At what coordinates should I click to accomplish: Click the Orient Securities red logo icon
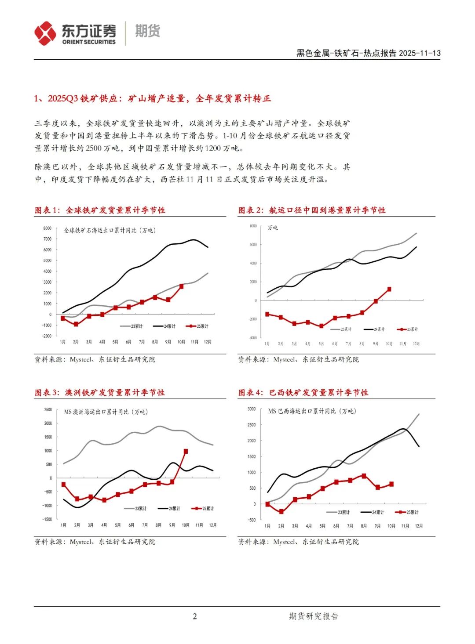pyautogui.click(x=45, y=33)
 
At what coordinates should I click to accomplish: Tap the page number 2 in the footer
pyautogui.click(x=195, y=616)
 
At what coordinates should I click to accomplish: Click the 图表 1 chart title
pyautogui.click(x=100, y=210)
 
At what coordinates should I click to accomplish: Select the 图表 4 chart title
pyautogui.click(x=303, y=393)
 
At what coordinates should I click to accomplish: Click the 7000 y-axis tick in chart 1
pyautogui.click(x=47, y=239)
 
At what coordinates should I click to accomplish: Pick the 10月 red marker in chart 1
pyautogui.click(x=181, y=286)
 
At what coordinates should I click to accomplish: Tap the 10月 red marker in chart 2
pyautogui.click(x=389, y=289)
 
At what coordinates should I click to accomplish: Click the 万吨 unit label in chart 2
pyautogui.click(x=273, y=228)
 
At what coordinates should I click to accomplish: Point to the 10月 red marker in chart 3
pyautogui.click(x=186, y=451)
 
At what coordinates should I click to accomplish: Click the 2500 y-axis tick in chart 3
pyautogui.click(x=48, y=410)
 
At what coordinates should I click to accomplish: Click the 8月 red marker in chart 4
pyautogui.click(x=364, y=476)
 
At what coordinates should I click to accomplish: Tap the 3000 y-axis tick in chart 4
pyautogui.click(x=251, y=409)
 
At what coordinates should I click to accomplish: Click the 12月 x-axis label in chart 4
pyautogui.click(x=419, y=526)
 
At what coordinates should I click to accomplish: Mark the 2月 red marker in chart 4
pyautogui.click(x=281, y=511)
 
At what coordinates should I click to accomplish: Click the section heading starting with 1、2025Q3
pyautogui.click(x=152, y=98)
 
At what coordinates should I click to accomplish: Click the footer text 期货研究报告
pyautogui.click(x=314, y=616)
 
